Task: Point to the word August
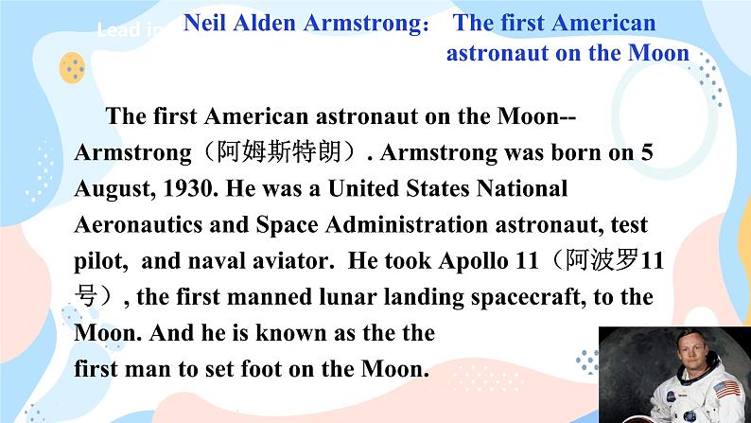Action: click(x=115, y=189)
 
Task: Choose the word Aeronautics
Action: click(x=138, y=224)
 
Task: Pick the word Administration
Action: click(x=407, y=224)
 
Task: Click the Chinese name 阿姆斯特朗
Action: click(x=279, y=152)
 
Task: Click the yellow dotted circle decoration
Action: click(x=72, y=68)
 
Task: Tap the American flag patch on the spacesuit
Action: click(x=726, y=389)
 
